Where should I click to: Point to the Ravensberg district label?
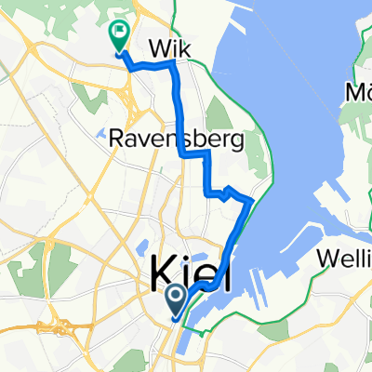(x=176, y=140)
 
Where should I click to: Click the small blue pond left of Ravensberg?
(x=100, y=136)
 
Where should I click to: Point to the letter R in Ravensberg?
(x=117, y=140)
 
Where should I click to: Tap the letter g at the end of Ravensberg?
(x=237, y=142)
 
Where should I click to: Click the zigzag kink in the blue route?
(x=226, y=191)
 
